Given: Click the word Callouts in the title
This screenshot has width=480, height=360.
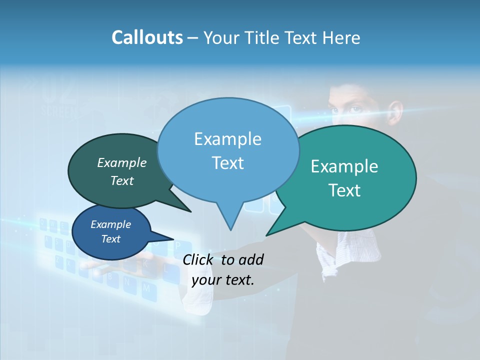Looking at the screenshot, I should (147, 37).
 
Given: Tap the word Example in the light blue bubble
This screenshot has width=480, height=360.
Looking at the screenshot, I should (227, 139).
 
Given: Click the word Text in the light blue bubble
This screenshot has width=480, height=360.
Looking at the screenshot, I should (227, 163).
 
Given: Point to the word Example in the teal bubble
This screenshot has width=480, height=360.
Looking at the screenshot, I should (344, 166).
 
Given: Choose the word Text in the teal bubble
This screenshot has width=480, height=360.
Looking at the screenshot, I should (344, 190).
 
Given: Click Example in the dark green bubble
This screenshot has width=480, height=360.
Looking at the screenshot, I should (122, 163).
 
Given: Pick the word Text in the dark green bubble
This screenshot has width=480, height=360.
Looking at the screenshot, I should (122, 181).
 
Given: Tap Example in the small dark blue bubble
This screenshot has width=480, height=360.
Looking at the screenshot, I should (110, 225).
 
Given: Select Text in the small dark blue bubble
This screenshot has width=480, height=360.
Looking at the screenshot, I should (110, 239).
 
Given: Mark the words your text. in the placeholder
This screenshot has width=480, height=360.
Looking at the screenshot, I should (223, 280).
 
